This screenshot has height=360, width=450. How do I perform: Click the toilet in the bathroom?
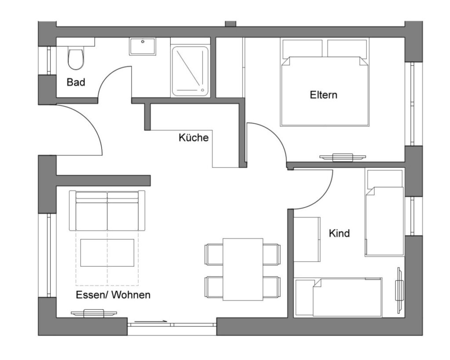[x=76, y=59]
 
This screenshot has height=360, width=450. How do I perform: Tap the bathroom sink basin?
[x=142, y=46]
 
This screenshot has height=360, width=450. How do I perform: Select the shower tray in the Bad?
[x=190, y=71]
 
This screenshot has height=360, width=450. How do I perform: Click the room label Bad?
[x=76, y=82]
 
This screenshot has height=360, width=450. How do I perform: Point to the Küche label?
[x=193, y=138]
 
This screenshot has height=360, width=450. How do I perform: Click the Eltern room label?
[x=323, y=95]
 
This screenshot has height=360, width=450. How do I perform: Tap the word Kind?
[x=339, y=233]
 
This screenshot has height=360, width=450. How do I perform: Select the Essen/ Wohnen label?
[x=113, y=295]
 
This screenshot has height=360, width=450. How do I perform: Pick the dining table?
[x=243, y=269]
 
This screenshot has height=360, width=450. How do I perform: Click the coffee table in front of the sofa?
[x=107, y=253]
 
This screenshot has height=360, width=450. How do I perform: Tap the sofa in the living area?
[x=107, y=211]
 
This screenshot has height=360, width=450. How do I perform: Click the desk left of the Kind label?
[x=307, y=240]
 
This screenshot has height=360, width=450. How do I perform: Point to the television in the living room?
[x=94, y=313]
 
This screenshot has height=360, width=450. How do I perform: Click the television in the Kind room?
[x=399, y=291]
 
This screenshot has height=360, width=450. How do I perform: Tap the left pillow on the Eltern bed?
[x=302, y=48]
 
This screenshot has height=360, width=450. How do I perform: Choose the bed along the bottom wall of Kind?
[x=338, y=298]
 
